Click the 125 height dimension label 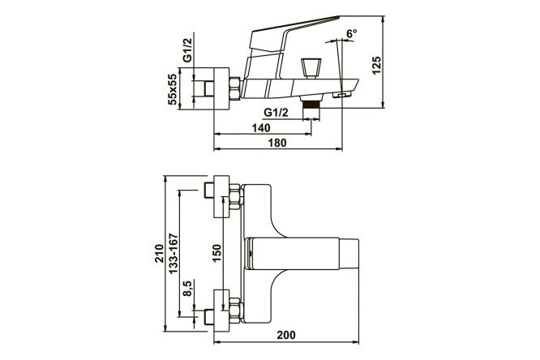pos(377,65)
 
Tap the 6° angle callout pos(352,33)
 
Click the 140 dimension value pos(261,128)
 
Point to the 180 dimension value pos(276,143)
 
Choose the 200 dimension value pos(286,335)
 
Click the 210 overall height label pos(159,253)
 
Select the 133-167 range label pos(174,254)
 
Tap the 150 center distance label pos(216,253)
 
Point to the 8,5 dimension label pos(187,288)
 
